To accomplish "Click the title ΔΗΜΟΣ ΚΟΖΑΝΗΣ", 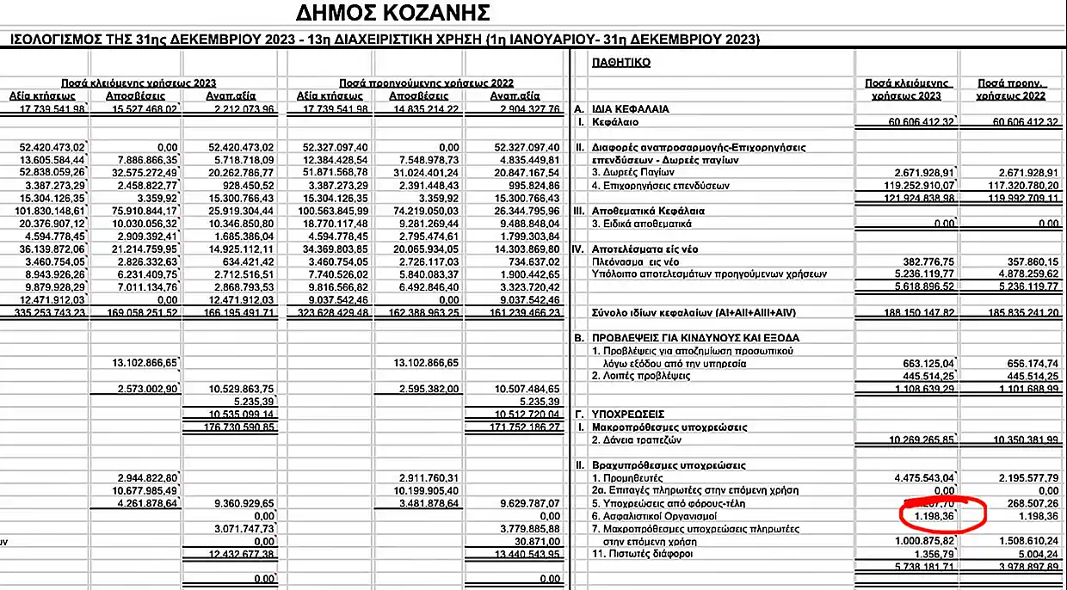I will (x=392, y=13).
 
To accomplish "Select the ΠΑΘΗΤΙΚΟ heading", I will (x=620, y=63).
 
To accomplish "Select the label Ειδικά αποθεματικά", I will (x=643, y=224).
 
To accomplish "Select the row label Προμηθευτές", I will (x=629, y=476).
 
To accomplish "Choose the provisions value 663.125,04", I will (x=925, y=364).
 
